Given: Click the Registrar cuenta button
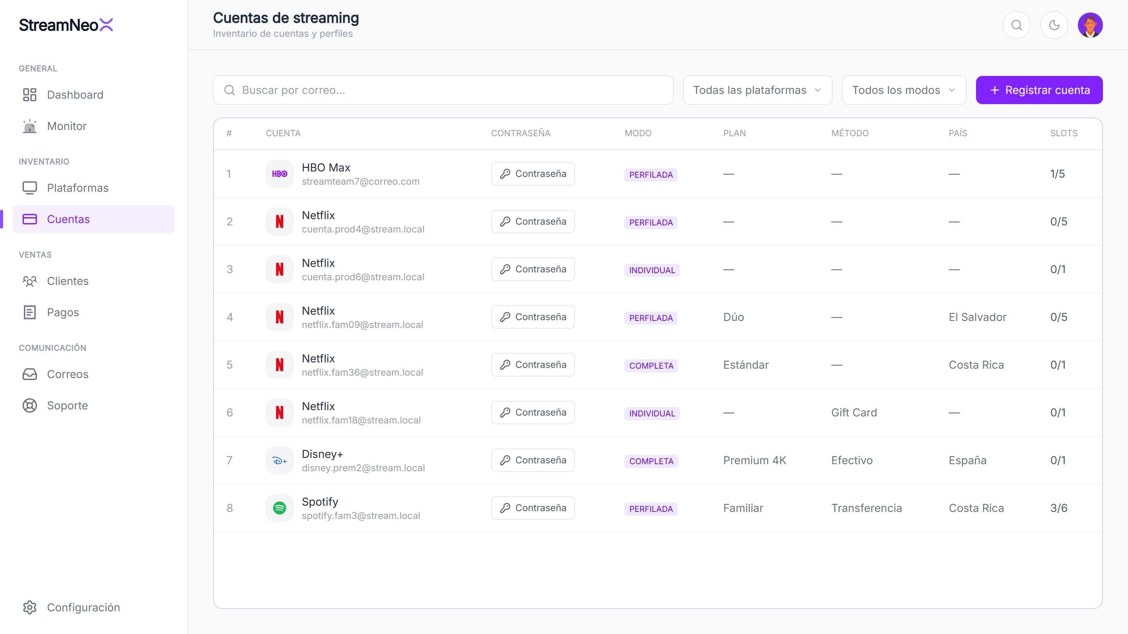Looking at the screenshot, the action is click(x=1039, y=90).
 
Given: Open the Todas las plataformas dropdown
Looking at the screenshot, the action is click(x=757, y=90).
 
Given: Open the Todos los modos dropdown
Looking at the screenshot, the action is click(x=904, y=90).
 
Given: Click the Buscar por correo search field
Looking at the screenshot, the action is click(x=443, y=90).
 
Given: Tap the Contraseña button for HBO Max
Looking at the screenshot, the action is click(x=533, y=174).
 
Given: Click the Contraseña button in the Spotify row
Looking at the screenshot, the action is click(x=533, y=508).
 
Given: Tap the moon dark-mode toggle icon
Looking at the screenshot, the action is click(x=1054, y=25).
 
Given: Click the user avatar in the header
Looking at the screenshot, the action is click(x=1090, y=25).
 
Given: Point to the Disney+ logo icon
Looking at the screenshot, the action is click(x=279, y=460).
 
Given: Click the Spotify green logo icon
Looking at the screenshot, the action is click(x=279, y=508).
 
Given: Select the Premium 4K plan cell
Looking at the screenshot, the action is click(x=754, y=460).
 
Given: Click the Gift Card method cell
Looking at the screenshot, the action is click(x=854, y=412).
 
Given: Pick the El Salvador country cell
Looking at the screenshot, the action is click(x=977, y=317).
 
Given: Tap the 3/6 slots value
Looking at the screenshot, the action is click(x=1058, y=508).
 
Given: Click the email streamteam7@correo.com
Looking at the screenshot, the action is click(x=360, y=182).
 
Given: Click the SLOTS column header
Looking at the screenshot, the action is click(x=1064, y=133).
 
